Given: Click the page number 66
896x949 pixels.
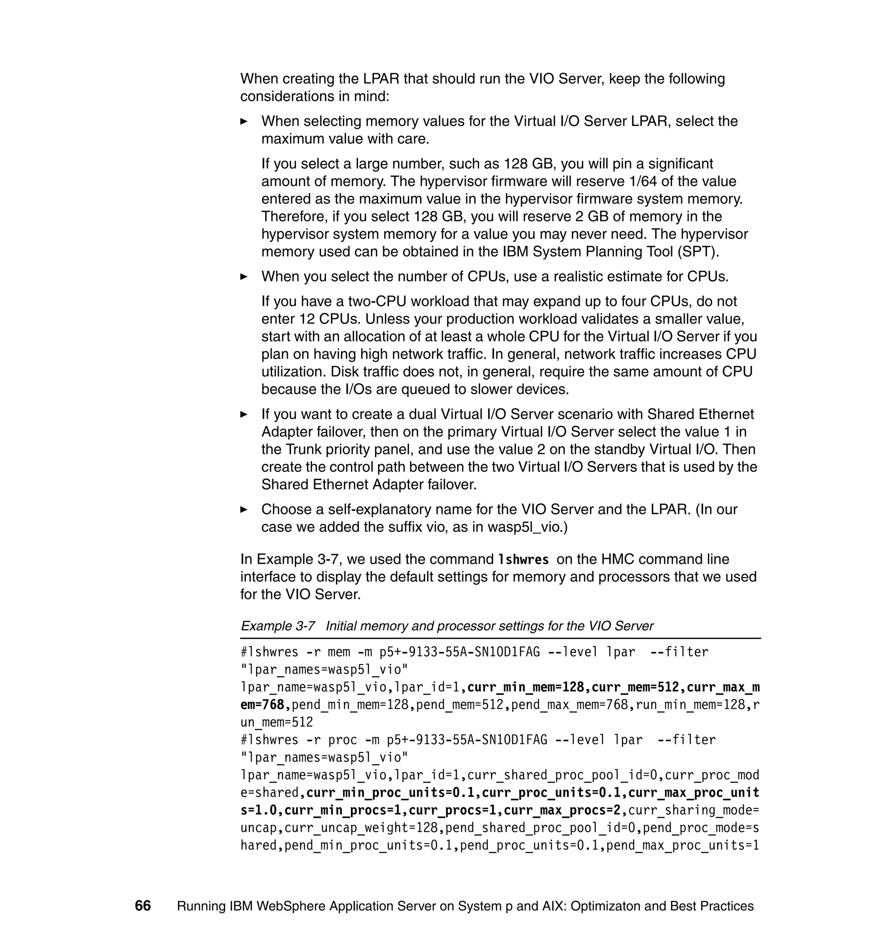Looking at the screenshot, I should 143,906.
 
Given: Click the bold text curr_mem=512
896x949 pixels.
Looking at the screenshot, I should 635,688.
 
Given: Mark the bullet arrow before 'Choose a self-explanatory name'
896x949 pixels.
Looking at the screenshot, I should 244,510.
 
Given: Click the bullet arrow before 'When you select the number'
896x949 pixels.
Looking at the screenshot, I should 244,277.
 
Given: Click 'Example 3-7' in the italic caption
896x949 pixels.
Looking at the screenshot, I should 277,626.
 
